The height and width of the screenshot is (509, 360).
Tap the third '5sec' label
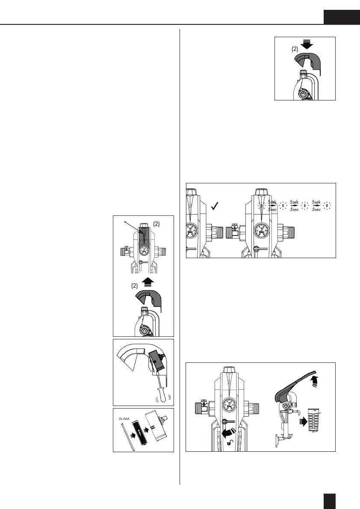pos(317,210)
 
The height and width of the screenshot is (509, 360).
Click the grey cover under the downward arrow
pos(306,62)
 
